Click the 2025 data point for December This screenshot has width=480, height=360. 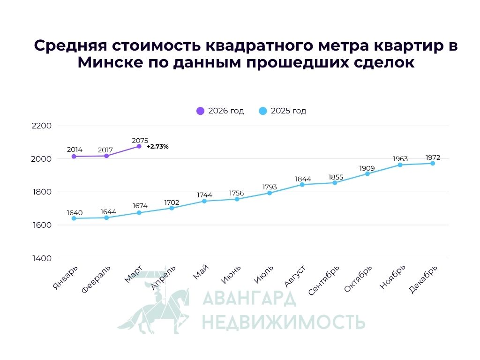[x=433, y=163]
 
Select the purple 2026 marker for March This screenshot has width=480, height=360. [x=139, y=146]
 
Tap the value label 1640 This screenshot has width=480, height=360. [x=75, y=213]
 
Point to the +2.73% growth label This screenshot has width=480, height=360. [x=157, y=147]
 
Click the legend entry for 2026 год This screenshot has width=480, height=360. [x=220, y=111]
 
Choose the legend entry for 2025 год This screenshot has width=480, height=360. [x=283, y=111]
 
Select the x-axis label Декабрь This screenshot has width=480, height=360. [x=424, y=279]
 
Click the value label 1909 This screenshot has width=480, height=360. [x=367, y=168]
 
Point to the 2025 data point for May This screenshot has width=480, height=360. [x=204, y=201]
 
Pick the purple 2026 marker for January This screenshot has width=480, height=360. [x=74, y=156]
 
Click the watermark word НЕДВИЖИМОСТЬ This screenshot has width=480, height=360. [x=283, y=322]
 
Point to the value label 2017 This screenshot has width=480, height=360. [x=105, y=150]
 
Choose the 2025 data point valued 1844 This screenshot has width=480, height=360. [x=302, y=184]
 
